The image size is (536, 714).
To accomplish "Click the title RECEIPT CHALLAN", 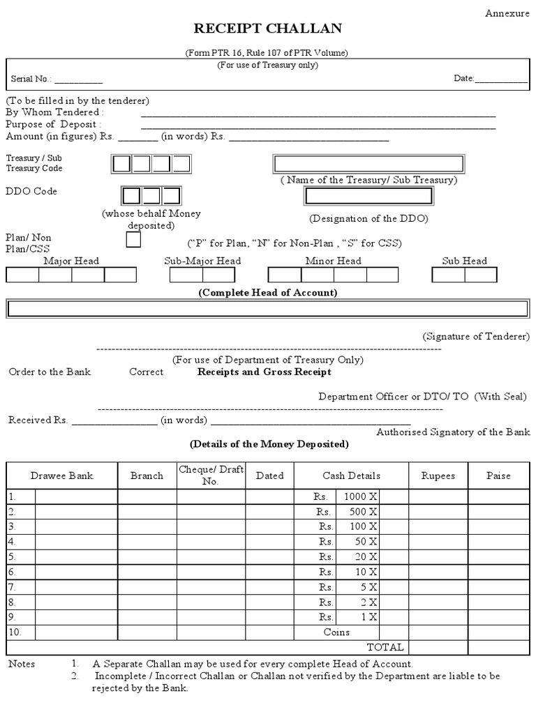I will click(268, 29).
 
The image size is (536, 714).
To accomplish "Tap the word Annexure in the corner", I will click(508, 13).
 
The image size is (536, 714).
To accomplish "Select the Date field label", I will click(464, 78).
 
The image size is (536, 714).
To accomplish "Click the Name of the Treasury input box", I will click(368, 164).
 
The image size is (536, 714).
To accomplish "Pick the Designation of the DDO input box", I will click(368, 197).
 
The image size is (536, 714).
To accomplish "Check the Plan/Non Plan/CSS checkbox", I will click(133, 240).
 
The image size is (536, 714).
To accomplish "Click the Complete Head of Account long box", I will click(267, 309).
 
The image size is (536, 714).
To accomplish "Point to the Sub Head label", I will click(464, 261).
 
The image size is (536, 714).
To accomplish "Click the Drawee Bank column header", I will click(61, 476).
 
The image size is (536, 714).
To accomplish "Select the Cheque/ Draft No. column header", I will click(210, 476).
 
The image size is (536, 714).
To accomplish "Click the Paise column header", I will click(498, 476).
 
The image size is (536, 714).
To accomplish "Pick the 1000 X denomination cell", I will click(357, 496).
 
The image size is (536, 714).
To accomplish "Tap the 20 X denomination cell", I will click(357, 556).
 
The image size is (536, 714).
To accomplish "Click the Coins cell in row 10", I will click(336, 632).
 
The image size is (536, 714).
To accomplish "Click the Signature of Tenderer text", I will click(475, 336).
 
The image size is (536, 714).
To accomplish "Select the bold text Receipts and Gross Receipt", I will click(265, 372).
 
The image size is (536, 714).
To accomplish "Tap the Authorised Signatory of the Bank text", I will click(453, 432).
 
